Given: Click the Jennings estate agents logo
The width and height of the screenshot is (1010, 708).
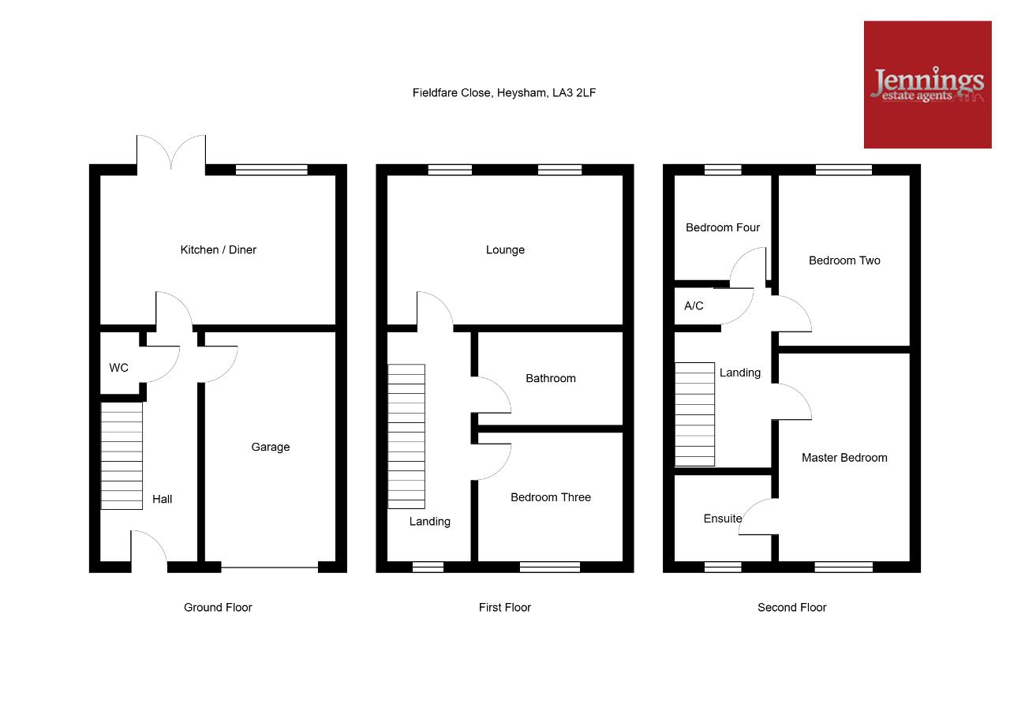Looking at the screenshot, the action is click(x=927, y=84).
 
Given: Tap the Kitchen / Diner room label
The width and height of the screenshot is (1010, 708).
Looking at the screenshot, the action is click(x=219, y=250).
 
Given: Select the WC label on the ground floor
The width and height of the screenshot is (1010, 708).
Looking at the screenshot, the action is click(x=118, y=368).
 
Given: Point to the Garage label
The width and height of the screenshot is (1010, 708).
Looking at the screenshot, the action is click(x=270, y=447).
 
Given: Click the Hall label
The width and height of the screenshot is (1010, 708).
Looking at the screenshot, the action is click(x=162, y=499).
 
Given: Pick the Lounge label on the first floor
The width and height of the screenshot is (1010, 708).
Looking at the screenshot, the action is click(x=505, y=250).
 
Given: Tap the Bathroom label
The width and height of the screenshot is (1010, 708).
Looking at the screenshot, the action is click(x=551, y=378).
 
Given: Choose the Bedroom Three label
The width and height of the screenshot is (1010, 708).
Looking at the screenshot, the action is click(x=551, y=497).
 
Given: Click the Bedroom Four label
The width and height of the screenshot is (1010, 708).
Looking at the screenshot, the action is click(x=722, y=228).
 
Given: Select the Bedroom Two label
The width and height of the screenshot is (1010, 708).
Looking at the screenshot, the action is click(x=844, y=260).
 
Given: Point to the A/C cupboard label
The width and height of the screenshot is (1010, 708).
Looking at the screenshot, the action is click(x=694, y=305).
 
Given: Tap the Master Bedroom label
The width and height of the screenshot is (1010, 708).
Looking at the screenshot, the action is click(x=844, y=458).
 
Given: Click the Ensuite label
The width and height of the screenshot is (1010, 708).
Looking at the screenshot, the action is click(x=722, y=519).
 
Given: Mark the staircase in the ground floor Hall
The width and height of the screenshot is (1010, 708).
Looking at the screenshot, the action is click(x=122, y=456).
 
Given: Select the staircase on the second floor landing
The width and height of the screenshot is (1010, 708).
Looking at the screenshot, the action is click(x=695, y=414).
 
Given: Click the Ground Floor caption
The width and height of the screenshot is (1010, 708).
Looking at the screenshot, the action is click(x=218, y=608).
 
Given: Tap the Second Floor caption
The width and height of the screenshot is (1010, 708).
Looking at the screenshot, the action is click(x=791, y=608).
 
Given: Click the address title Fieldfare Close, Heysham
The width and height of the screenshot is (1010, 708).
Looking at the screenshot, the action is click(x=504, y=93).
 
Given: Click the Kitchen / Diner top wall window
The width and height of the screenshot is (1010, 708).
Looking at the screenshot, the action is click(x=271, y=170).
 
